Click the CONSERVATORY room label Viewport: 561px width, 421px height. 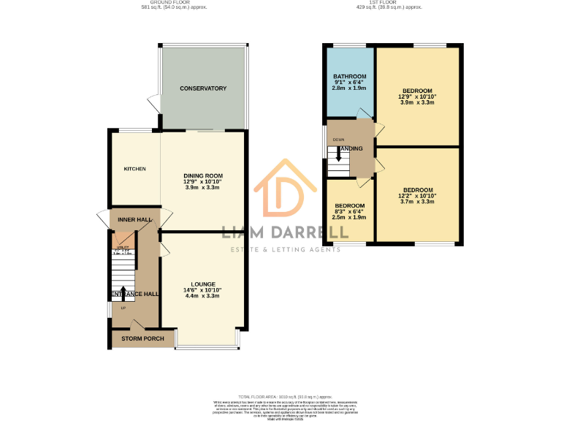(203, 88)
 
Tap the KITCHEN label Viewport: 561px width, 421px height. (134, 169)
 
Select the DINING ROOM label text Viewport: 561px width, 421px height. (202, 176)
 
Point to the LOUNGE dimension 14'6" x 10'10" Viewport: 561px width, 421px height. (202, 290)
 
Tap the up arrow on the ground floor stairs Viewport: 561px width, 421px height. (123, 294)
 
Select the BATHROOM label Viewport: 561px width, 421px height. (350, 77)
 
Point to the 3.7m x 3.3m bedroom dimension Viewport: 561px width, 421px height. (417, 202)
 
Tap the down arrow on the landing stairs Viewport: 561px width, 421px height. (338, 156)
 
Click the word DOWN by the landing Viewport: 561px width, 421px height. (338, 140)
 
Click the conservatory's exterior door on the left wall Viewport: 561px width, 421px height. (152, 103)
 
